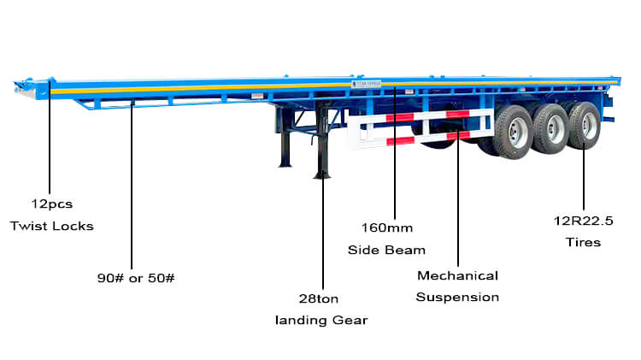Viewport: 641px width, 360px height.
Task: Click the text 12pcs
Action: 52,204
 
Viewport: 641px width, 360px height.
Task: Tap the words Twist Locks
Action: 52,226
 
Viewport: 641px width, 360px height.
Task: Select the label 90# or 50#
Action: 136,278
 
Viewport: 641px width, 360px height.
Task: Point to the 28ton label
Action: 319,298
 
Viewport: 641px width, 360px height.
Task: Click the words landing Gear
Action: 321,320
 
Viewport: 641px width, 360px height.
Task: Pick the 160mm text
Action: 386,227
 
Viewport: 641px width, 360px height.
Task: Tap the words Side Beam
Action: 386,250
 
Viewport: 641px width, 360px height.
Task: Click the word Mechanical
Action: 457,275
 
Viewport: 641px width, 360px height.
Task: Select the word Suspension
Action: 457,297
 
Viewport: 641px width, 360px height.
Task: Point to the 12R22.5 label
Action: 584,221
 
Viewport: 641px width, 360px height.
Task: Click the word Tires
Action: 584,242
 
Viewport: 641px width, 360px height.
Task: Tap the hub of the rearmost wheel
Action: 588,125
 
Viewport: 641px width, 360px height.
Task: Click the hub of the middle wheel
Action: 554,129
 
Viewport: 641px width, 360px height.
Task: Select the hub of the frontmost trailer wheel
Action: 517,133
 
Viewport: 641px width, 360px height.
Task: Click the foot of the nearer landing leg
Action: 322,175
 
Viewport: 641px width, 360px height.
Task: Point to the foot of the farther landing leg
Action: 285,164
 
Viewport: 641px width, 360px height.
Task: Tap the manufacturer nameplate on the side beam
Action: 366,84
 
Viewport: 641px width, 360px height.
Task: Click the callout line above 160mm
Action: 395,153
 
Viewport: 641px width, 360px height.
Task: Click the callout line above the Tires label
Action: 584,177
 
